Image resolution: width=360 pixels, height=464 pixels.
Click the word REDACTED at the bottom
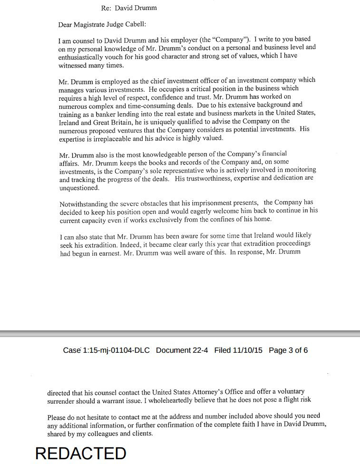click(x=80, y=453)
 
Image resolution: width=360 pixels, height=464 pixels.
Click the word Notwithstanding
click(x=84, y=203)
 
